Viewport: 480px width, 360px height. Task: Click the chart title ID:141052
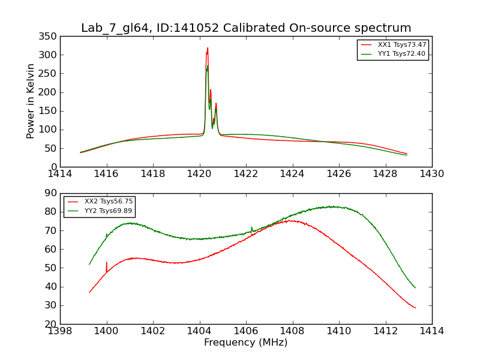tap(246, 28)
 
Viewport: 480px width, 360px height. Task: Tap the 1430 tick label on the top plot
tap(432, 174)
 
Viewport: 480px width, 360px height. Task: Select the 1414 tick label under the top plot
tap(60, 174)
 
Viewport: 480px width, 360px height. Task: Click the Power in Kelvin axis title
tap(31, 101)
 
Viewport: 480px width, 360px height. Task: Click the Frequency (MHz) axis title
tap(246, 343)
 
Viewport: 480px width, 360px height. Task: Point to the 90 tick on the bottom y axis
tap(51, 193)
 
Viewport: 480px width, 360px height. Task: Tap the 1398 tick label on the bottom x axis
tap(60, 331)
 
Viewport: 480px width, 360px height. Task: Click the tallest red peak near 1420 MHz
tap(208, 49)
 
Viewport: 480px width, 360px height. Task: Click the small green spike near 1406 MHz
tap(251, 227)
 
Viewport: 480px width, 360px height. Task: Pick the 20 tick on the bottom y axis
tap(51, 324)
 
